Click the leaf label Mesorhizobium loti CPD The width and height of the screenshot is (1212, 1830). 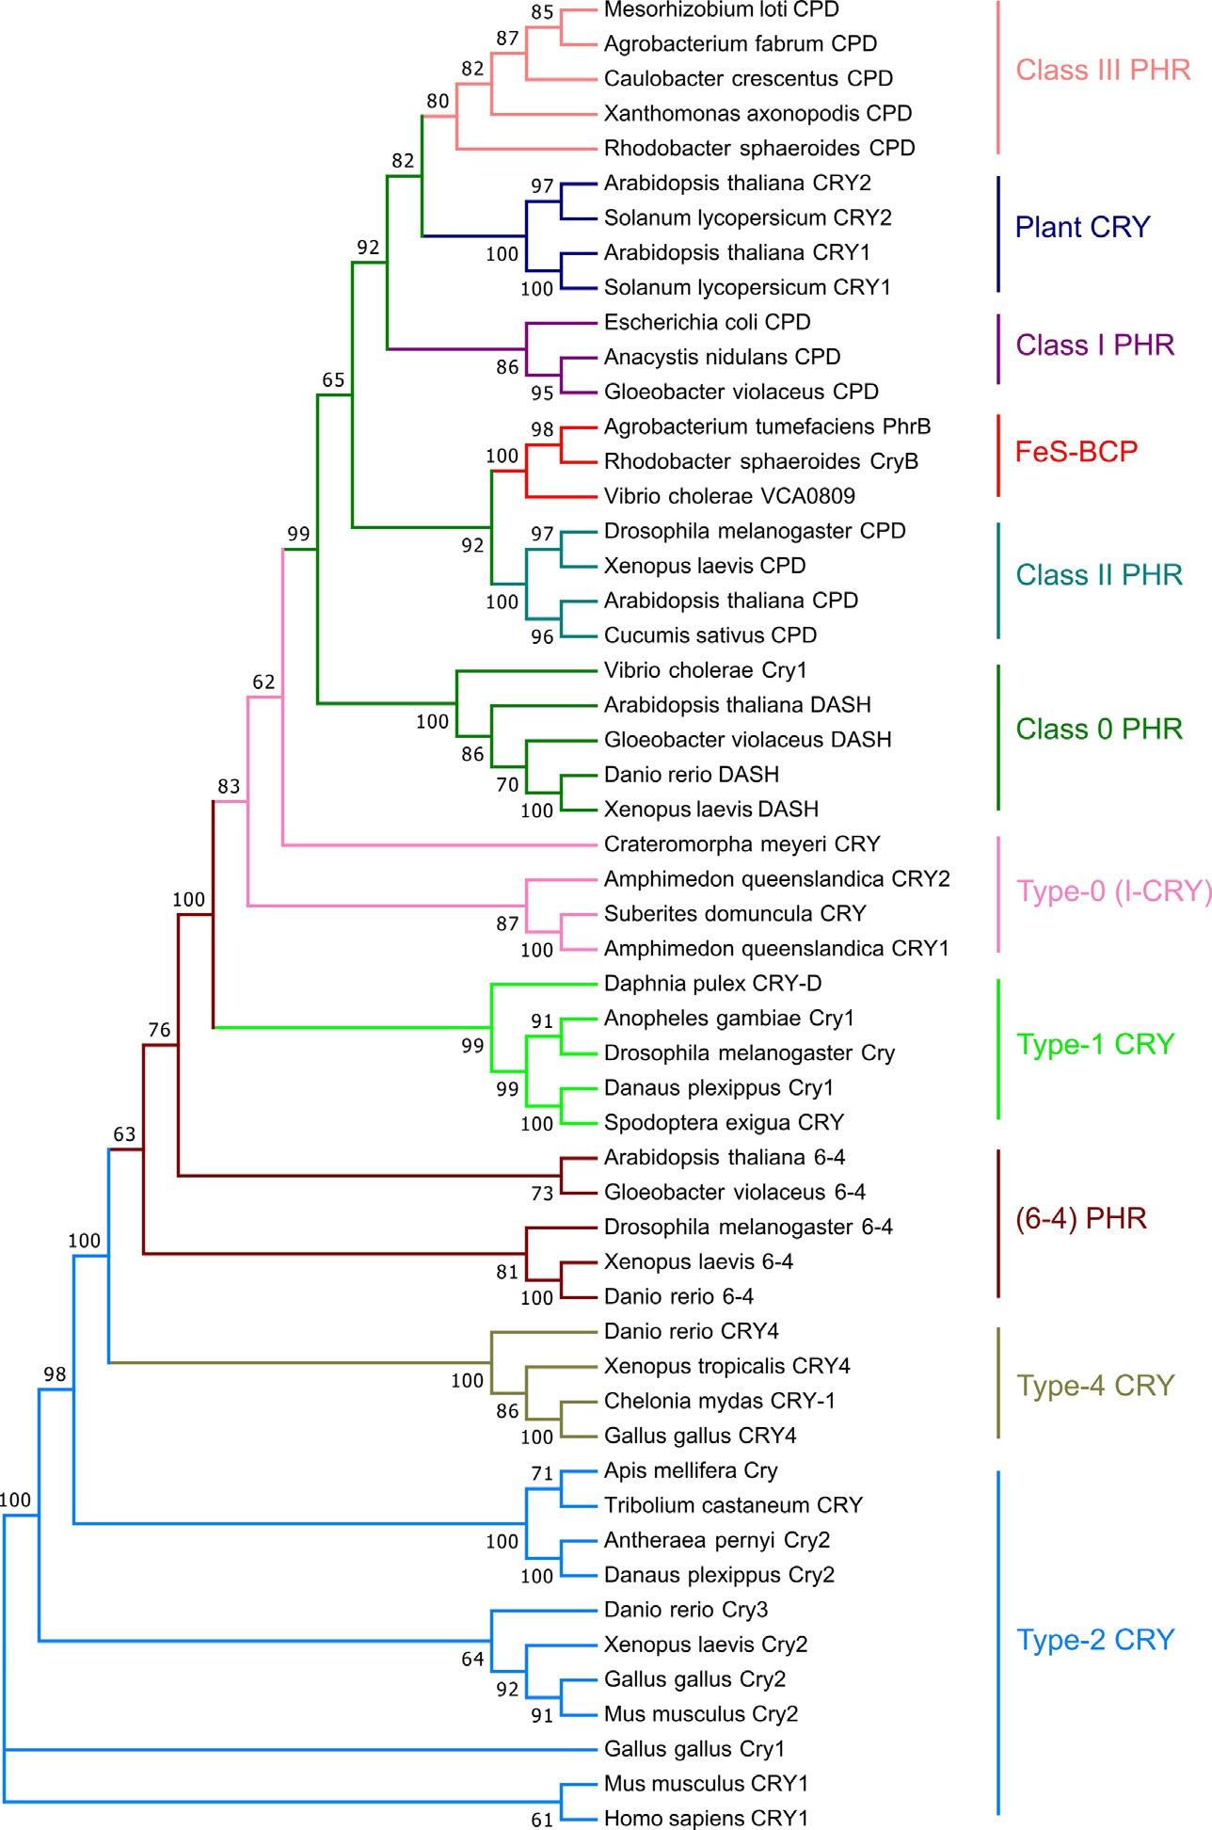[721, 9]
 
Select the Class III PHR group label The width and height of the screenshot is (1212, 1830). [1103, 70]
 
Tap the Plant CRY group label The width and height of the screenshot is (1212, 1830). [1082, 227]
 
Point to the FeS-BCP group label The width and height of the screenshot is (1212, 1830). [1076, 451]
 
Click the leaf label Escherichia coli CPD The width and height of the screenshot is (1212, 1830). [707, 322]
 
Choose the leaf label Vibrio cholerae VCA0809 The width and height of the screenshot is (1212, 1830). [729, 495]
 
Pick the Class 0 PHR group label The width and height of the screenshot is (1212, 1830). [1099, 729]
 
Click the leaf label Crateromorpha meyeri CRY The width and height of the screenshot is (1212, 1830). [742, 843]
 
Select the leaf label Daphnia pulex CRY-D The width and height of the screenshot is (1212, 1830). [712, 983]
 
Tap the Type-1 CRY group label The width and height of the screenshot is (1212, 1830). [1095, 1043]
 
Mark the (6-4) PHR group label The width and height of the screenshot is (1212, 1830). [1081, 1218]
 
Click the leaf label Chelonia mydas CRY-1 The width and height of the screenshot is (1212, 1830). [720, 1401]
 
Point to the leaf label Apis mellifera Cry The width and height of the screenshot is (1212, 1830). [691, 1470]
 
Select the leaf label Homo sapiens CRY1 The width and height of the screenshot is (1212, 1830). [706, 1819]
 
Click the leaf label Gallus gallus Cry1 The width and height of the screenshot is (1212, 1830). [694, 1749]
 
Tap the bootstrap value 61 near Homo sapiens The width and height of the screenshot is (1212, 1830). [542, 1821]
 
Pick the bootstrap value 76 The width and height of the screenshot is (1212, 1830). [159, 1030]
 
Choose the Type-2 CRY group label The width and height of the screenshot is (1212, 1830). [1095, 1640]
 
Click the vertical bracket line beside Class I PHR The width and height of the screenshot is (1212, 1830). [997, 349]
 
